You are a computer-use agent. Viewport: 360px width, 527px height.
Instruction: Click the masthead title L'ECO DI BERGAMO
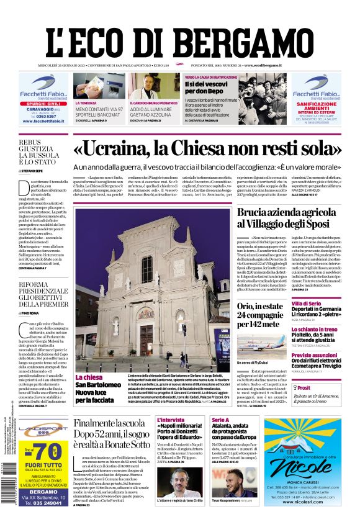(x=180, y=35)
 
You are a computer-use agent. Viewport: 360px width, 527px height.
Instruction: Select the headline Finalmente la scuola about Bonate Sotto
(x=111, y=434)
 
